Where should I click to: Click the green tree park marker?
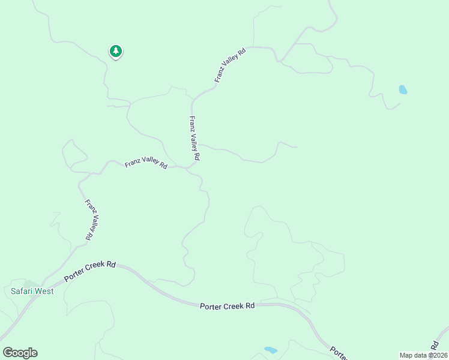tap(116, 52)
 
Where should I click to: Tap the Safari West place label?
tap(32, 292)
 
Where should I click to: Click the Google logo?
tap(20, 353)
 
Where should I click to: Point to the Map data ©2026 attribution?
tap(423, 355)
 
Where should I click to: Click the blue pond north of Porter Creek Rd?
tap(403, 90)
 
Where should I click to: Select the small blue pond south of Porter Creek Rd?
tap(271, 350)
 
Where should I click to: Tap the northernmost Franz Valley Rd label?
tap(231, 65)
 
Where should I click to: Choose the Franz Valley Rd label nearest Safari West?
tap(90, 220)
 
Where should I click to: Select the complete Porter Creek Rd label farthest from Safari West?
tap(228, 306)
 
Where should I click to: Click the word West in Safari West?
tap(44, 292)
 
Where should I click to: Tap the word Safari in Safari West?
tap(22, 292)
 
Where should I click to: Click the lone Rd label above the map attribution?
tap(434, 343)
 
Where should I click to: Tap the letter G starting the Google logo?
tap(8, 353)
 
